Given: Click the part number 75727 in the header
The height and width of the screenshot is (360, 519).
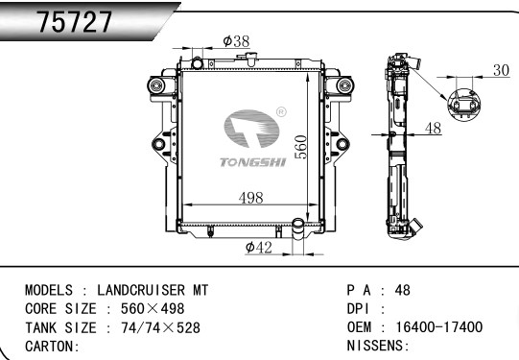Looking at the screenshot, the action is pyautogui.click(x=75, y=22).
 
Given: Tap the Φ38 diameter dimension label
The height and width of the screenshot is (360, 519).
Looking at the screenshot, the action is pyautogui.click(x=236, y=41).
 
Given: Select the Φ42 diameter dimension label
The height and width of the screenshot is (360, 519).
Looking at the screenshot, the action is pyautogui.click(x=258, y=247).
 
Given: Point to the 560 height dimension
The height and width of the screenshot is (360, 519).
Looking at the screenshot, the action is pyautogui.click(x=300, y=147).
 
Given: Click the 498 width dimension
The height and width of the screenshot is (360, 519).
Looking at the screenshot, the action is pyautogui.click(x=251, y=198).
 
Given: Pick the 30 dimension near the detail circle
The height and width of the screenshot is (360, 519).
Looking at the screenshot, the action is pyautogui.click(x=501, y=70).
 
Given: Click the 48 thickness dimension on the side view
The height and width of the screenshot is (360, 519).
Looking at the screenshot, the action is pyautogui.click(x=433, y=129).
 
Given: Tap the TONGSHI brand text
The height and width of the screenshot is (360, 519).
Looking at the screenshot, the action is pyautogui.click(x=253, y=162).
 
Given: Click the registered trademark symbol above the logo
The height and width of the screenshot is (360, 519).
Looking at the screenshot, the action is pyautogui.click(x=281, y=112).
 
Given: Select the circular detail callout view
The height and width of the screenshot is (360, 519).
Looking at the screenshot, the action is pyautogui.click(x=463, y=105).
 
